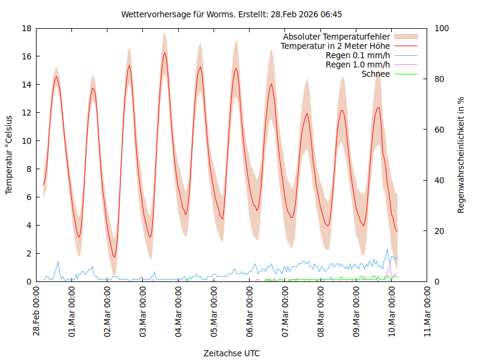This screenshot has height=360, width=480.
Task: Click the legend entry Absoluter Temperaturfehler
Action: pyautogui.click(x=336, y=37)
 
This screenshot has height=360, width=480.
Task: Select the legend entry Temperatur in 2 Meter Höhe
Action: pyautogui.click(x=335, y=46)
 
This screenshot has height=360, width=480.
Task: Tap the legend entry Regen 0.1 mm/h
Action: pyautogui.click(x=358, y=55)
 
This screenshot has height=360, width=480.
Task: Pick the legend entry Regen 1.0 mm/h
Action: pyautogui.click(x=358, y=64)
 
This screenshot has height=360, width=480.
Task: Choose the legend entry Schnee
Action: pyautogui.click(x=376, y=74)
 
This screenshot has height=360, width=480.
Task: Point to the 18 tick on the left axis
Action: pyautogui.click(x=26, y=28)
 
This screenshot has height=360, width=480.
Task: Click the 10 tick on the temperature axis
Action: pyautogui.click(x=26, y=141)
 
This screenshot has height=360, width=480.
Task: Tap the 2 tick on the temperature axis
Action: pyautogui.click(x=29, y=253)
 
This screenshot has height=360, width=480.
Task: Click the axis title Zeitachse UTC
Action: pyautogui.click(x=232, y=353)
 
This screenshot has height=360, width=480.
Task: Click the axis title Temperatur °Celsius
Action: pyautogui.click(x=9, y=155)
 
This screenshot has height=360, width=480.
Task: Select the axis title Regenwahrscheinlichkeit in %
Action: pyautogui.click(x=461, y=155)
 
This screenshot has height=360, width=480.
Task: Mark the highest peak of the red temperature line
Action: pyautogui.click(x=165, y=53)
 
